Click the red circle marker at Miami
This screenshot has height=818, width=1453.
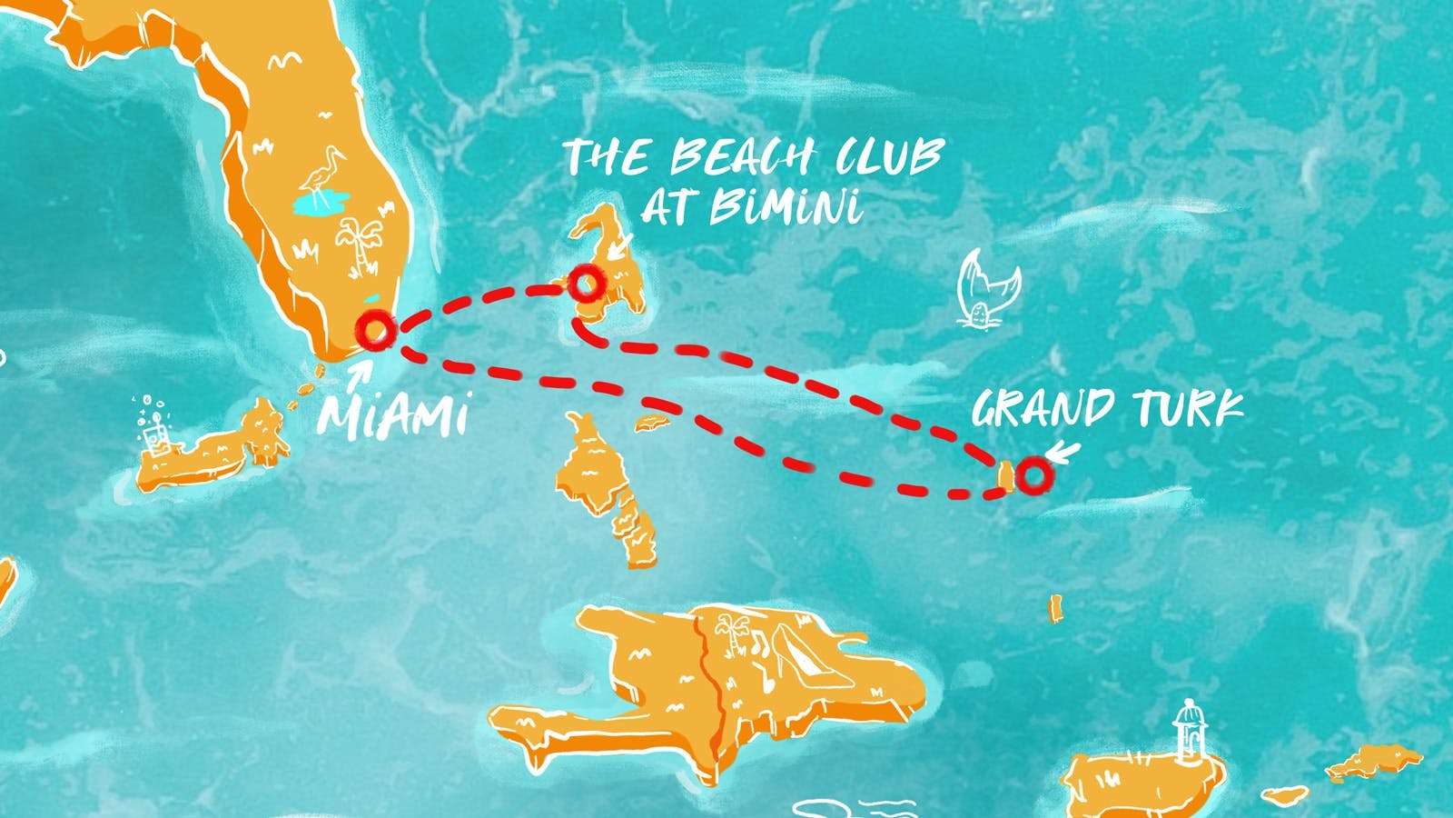click(374, 330)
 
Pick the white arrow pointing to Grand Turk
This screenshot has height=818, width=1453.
click(1063, 451)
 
